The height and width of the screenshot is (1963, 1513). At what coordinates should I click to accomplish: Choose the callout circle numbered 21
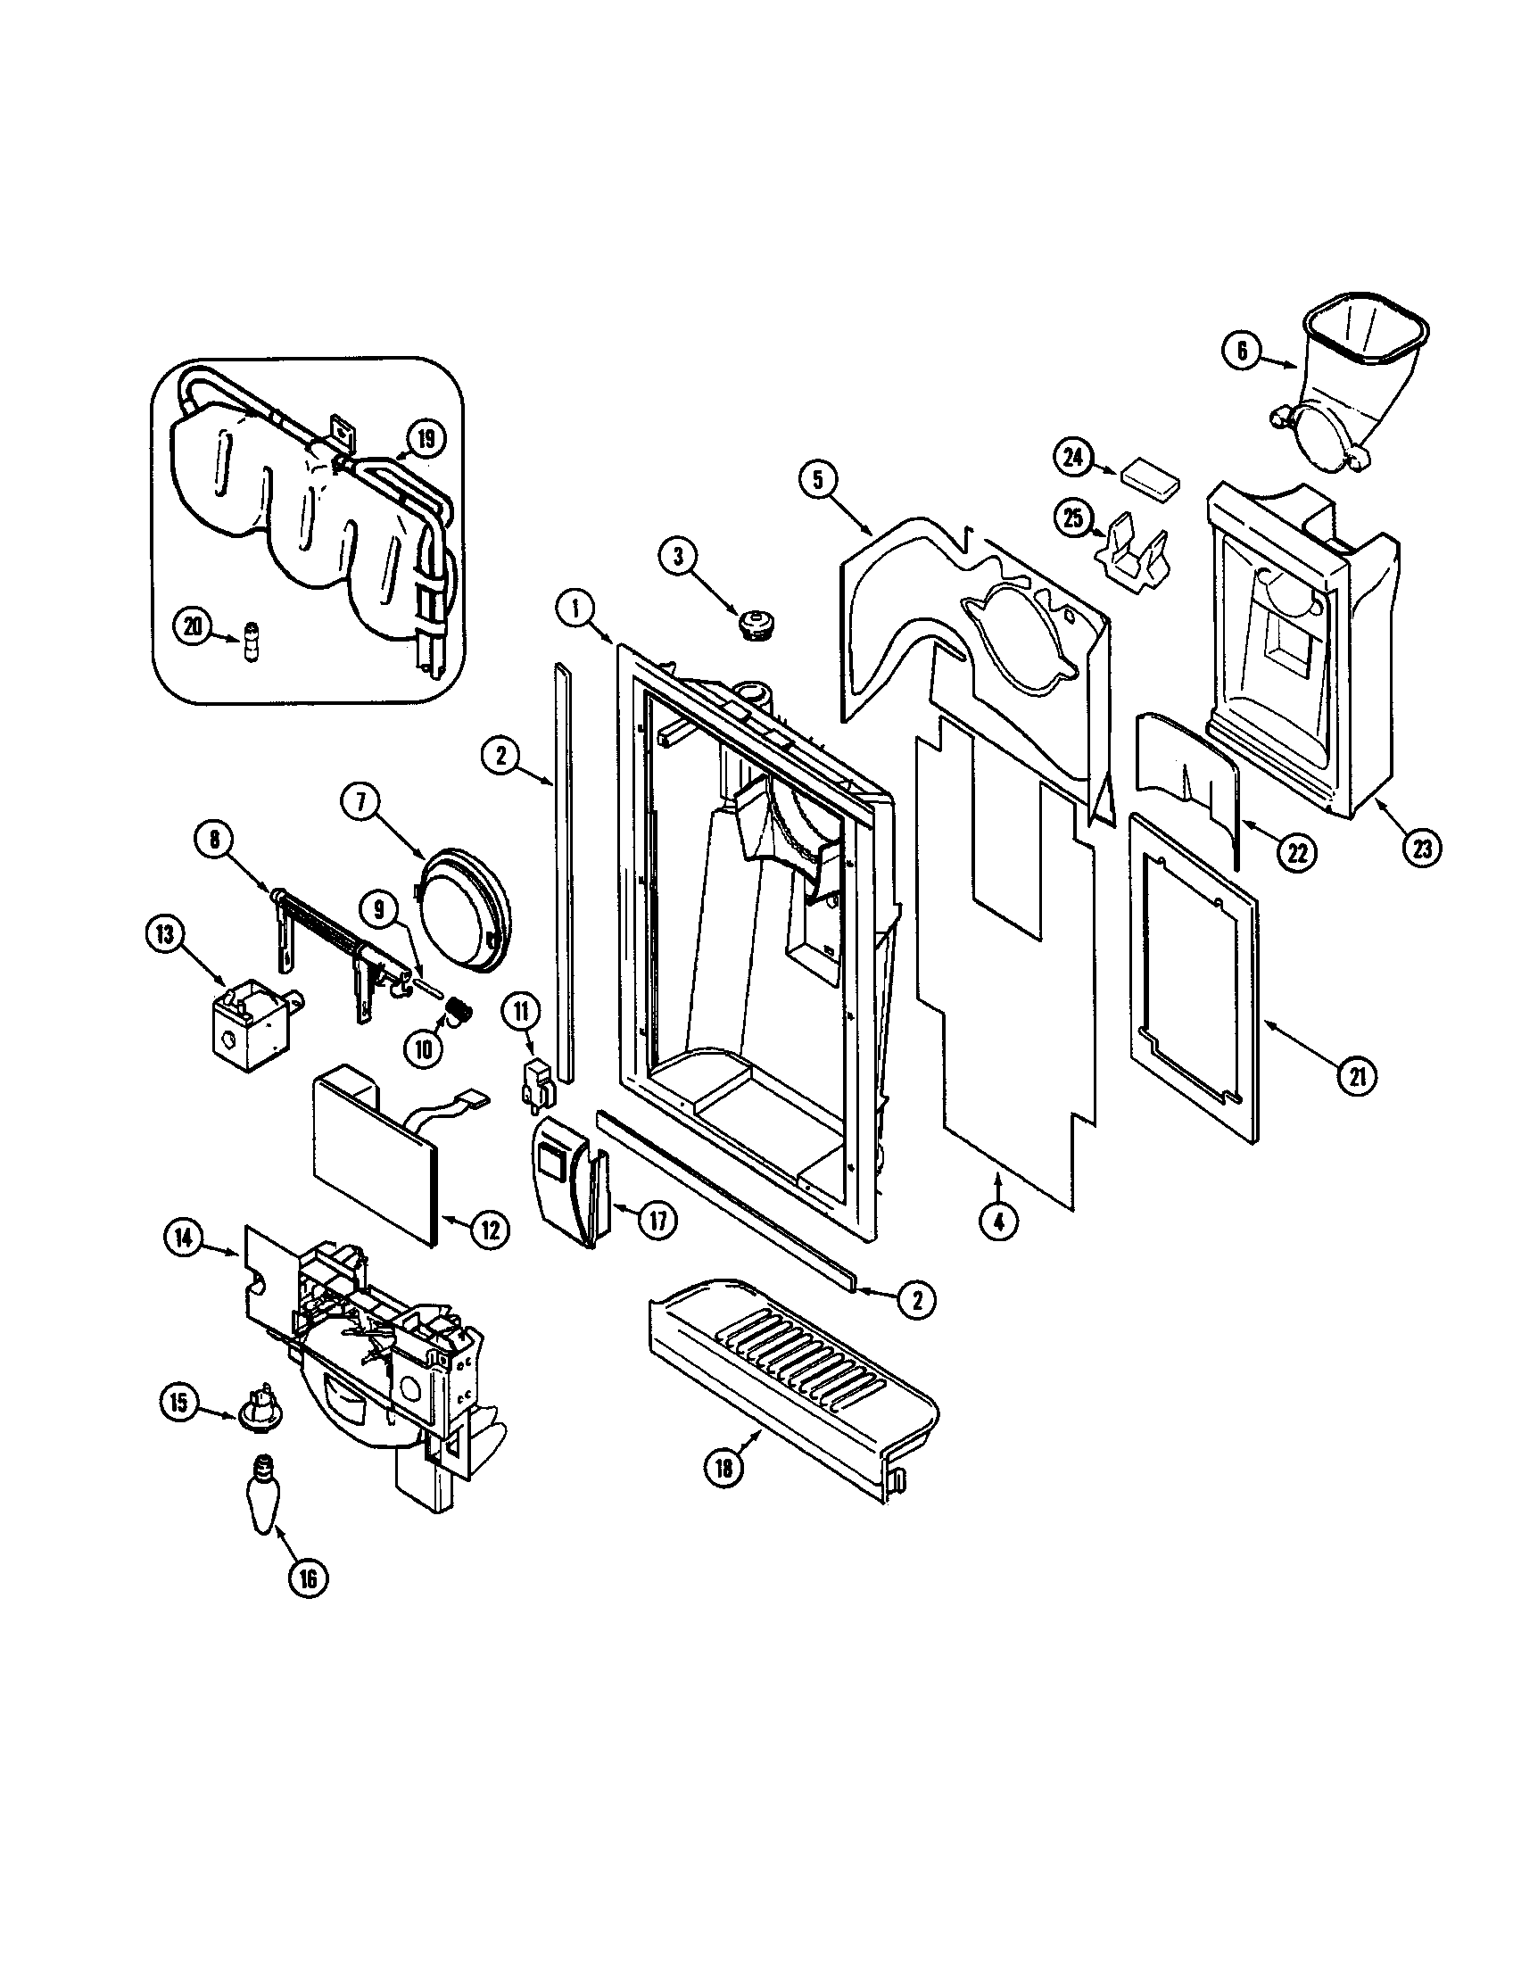tap(1357, 1076)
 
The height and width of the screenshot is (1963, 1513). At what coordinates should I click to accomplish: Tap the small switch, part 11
tap(535, 1079)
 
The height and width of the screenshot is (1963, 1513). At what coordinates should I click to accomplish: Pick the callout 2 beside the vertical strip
tap(500, 756)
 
